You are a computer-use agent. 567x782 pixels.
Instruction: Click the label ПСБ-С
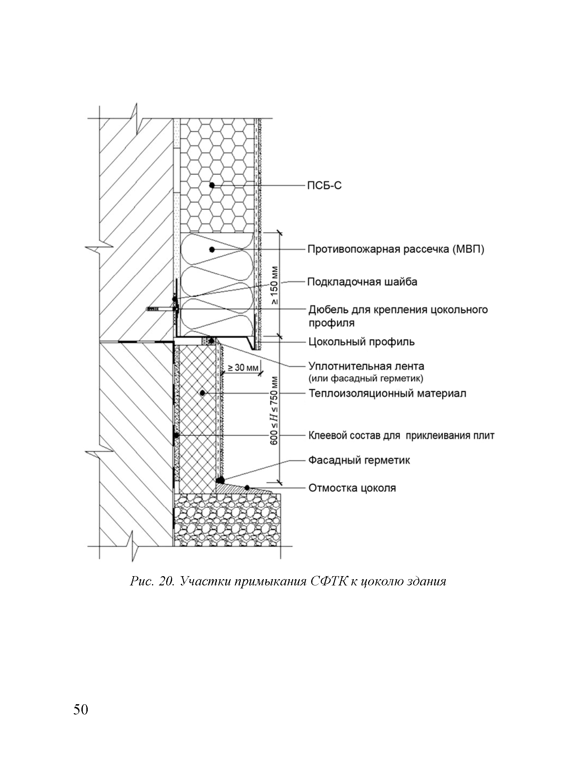click(x=324, y=186)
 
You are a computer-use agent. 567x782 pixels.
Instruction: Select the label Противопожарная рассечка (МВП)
click(x=396, y=249)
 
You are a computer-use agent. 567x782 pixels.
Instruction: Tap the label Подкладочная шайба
click(x=362, y=282)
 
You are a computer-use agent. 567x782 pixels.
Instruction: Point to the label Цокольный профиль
click(x=361, y=342)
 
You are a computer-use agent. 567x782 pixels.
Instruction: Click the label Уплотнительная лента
click(x=366, y=366)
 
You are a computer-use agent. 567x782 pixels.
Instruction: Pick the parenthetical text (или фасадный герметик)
click(x=365, y=378)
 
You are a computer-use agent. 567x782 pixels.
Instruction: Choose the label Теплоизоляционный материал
click(x=387, y=393)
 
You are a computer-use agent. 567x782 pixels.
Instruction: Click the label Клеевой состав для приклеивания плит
click(x=401, y=436)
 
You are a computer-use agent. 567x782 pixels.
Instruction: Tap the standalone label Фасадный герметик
click(x=359, y=460)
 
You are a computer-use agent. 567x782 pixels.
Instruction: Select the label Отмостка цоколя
click(x=352, y=488)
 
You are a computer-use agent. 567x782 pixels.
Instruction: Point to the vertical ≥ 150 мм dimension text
click(x=275, y=285)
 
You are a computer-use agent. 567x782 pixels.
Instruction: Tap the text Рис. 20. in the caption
click(x=153, y=581)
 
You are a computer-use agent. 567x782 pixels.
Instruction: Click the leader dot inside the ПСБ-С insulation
click(x=212, y=185)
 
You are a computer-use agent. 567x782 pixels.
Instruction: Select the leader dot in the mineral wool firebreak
click(x=212, y=249)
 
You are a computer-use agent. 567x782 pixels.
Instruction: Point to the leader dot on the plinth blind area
click(x=247, y=487)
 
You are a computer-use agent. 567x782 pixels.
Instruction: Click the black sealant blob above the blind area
click(x=220, y=480)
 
